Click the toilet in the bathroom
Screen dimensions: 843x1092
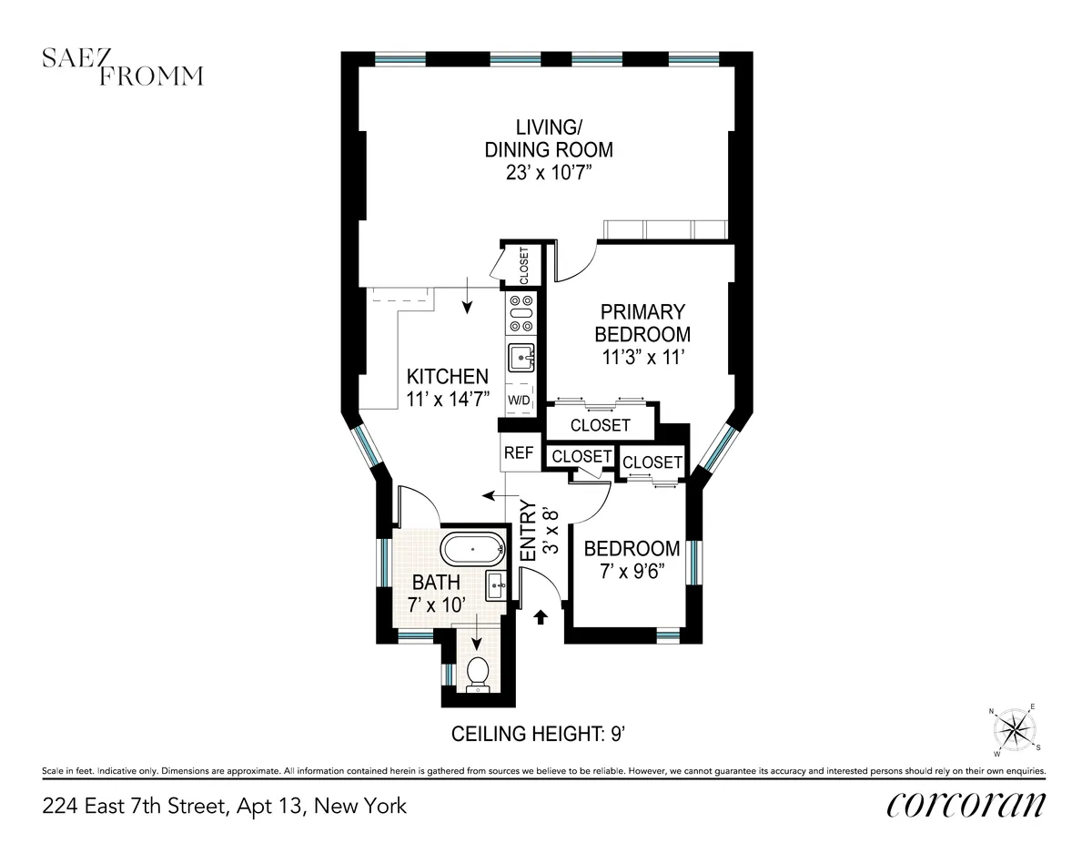(x=478, y=674)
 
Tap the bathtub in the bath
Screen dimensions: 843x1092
(x=471, y=551)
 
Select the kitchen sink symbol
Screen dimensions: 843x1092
(x=521, y=358)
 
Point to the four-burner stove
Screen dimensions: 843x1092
(x=521, y=313)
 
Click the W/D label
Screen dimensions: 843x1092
(x=520, y=401)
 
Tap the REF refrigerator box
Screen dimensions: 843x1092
(x=519, y=453)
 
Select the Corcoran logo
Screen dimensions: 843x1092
(x=966, y=805)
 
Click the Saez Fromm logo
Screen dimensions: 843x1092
(x=123, y=67)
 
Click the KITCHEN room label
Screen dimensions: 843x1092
(x=447, y=376)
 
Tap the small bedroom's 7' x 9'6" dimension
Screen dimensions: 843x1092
(x=632, y=571)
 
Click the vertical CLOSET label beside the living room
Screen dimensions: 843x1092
(x=524, y=266)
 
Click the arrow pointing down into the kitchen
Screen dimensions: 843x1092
(x=467, y=298)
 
